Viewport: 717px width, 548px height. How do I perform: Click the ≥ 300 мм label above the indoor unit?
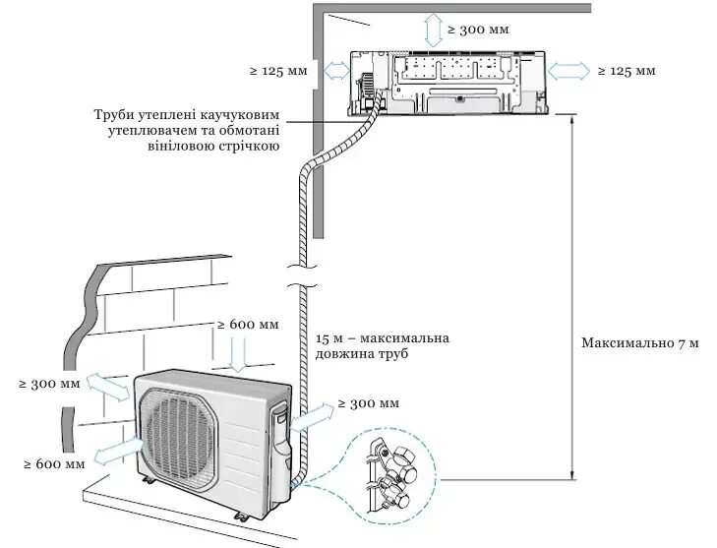tap(479, 30)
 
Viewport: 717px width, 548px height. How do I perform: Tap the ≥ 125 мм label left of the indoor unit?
tap(278, 71)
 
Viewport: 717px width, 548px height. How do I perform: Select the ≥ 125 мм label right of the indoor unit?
tap(627, 71)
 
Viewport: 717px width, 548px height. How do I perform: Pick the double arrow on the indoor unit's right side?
tap(569, 71)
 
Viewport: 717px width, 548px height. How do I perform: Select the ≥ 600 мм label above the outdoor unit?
tap(248, 325)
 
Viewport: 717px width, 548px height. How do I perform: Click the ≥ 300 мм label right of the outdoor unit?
tap(368, 403)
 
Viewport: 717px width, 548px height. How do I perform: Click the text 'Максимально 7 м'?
tap(639, 343)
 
